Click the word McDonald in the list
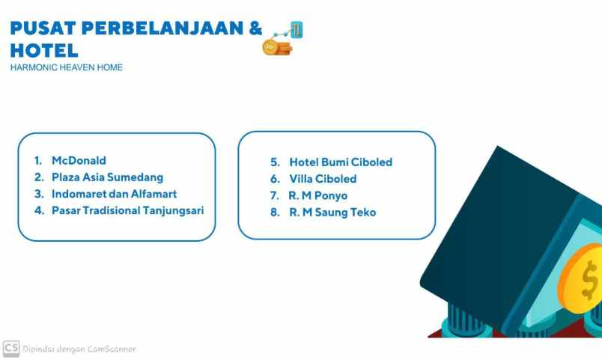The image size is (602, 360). pyautogui.click(x=79, y=161)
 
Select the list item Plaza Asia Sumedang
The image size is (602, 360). pyautogui.click(x=107, y=177)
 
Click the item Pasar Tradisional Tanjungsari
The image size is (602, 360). pyautogui.click(x=127, y=210)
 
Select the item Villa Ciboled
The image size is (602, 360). pyautogui.click(x=323, y=179)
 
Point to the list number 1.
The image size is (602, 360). pyautogui.click(x=37, y=161)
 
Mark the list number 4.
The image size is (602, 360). pyautogui.click(x=38, y=210)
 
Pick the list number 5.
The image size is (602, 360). pyautogui.click(x=275, y=162)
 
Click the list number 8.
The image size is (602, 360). pyautogui.click(x=275, y=213)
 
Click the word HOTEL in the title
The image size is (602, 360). pyautogui.click(x=44, y=51)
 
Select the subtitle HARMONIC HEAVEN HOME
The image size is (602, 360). pyautogui.click(x=67, y=67)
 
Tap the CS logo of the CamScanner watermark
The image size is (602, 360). pyautogui.click(x=10, y=348)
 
